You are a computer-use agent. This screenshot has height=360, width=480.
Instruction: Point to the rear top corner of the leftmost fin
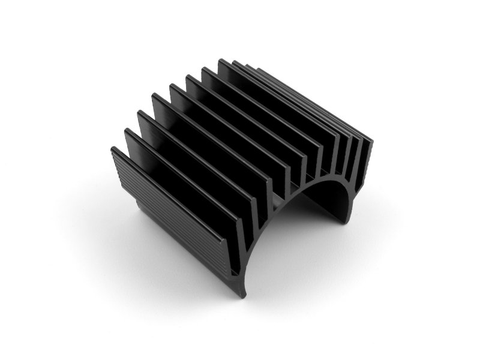tap(113, 149)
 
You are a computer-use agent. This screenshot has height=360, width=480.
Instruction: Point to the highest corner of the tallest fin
tap(220, 60)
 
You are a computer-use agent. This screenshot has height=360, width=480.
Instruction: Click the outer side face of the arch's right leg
tap(348, 204)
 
